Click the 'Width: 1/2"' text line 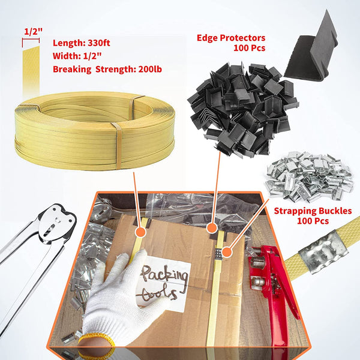tap(76, 56)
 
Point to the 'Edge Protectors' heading tap(231, 38)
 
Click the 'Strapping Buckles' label tap(313, 211)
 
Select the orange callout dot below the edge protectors tap(211, 228)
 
